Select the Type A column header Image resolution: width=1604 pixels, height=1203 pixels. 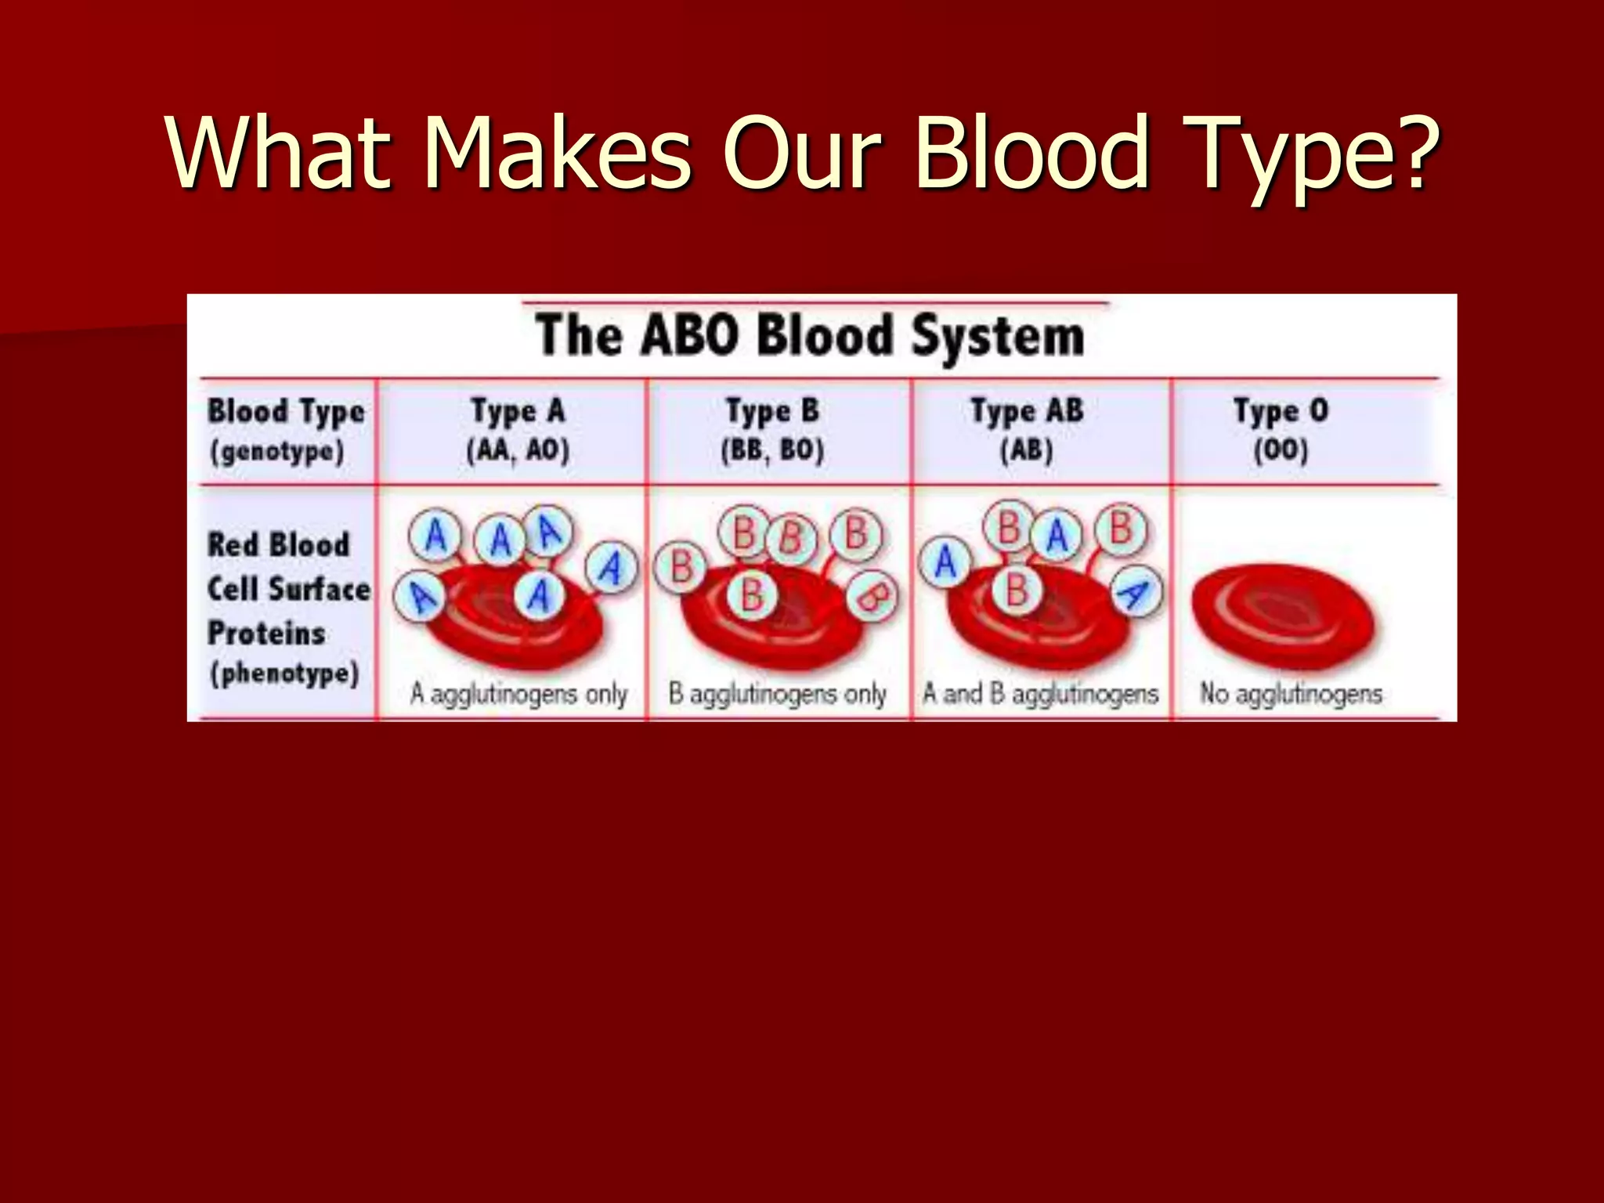tap(517, 410)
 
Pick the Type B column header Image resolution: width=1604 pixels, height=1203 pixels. tap(772, 410)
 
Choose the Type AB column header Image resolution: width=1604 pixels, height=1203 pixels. tap(1027, 410)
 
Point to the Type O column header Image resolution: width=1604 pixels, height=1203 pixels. tap(1281, 410)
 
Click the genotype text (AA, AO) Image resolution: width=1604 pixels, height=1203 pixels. tap(518, 450)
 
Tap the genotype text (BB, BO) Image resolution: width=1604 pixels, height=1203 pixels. tap(772, 450)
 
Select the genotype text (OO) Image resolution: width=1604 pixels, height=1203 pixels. tap(1281, 450)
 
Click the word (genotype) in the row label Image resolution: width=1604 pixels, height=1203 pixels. tap(277, 452)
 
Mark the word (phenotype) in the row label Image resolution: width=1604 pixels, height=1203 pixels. tap(284, 674)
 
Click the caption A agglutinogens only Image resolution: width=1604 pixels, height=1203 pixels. tap(518, 694)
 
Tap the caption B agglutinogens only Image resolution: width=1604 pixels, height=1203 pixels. tap(777, 694)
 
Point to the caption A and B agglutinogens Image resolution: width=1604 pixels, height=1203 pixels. tap(1040, 694)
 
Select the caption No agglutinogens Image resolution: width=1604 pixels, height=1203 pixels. tap(1291, 694)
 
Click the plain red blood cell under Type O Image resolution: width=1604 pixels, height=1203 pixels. tap(1283, 616)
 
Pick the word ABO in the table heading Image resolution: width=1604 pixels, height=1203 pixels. tap(689, 337)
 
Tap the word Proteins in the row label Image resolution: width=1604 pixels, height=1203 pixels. tap(266, 633)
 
